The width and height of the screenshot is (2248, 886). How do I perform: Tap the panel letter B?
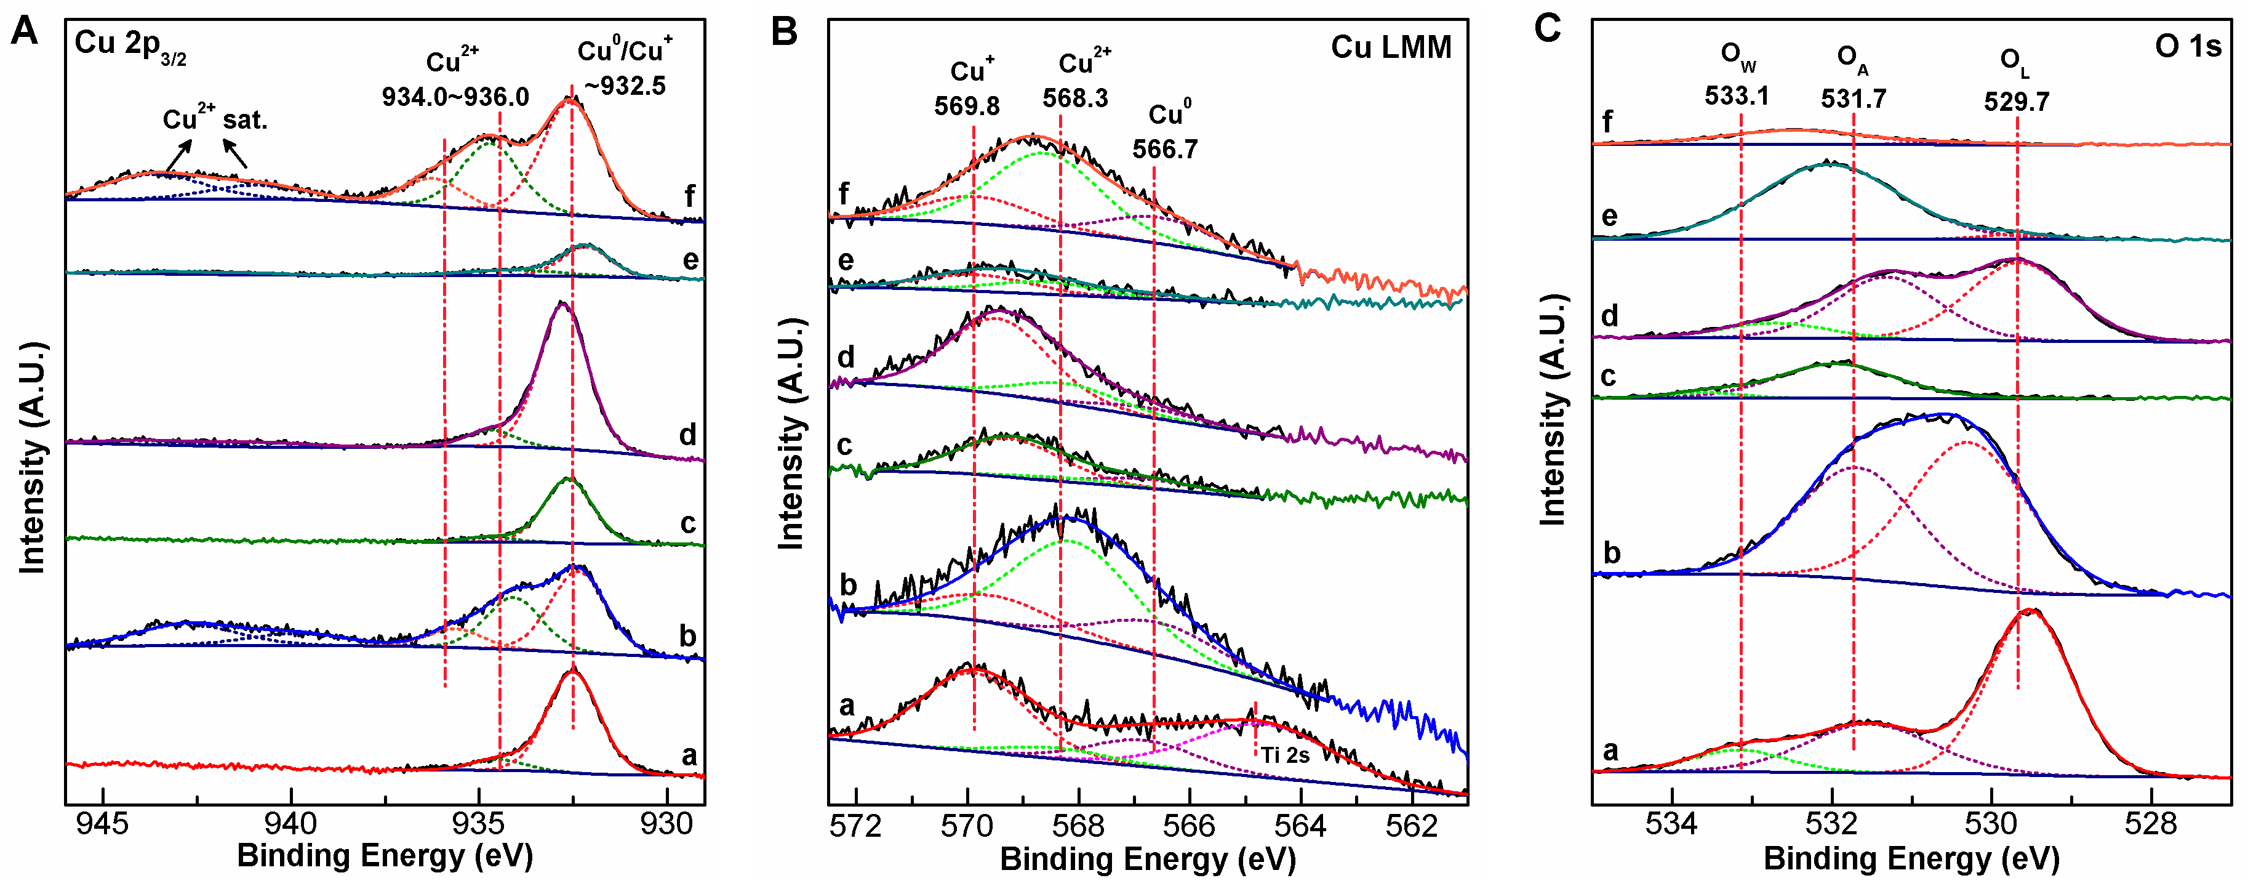(x=785, y=33)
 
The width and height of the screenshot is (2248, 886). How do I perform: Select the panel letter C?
(x=1547, y=29)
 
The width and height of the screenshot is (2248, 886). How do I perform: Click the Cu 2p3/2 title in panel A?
(x=130, y=46)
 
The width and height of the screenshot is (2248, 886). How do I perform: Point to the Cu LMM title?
(x=1390, y=47)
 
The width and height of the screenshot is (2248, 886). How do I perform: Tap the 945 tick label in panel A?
(x=103, y=823)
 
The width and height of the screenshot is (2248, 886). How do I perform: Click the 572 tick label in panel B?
(x=856, y=826)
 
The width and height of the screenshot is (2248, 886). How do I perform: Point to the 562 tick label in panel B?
(x=1412, y=826)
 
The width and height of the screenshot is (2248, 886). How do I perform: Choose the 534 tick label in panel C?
(x=1671, y=823)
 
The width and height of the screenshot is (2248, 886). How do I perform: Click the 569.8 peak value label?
(x=967, y=106)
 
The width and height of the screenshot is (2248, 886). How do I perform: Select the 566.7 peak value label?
(x=1165, y=149)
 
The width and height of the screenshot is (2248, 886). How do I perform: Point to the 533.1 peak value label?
(x=1737, y=95)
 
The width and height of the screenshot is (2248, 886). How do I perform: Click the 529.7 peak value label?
(x=2016, y=101)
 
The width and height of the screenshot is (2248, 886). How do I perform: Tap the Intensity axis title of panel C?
(x=1553, y=410)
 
